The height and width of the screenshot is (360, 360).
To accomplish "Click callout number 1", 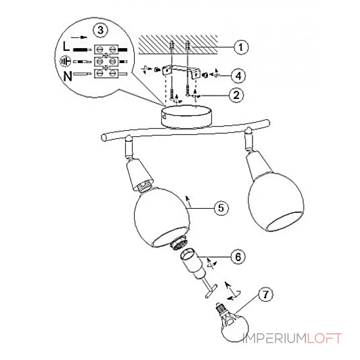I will click(x=241, y=46).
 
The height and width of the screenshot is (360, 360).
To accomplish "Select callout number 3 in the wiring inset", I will click(x=99, y=31).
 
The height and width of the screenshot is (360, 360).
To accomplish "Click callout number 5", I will click(x=221, y=208).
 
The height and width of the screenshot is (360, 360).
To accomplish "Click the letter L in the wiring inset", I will click(x=67, y=47).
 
